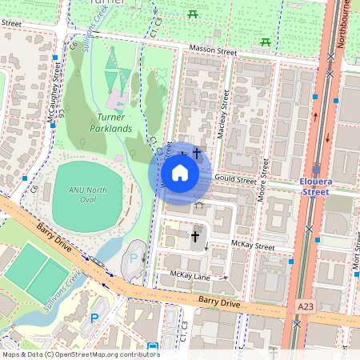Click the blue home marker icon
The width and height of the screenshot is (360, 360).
point(180,173)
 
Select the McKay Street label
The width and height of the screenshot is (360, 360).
point(253,246)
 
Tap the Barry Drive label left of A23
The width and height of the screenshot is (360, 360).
point(221,303)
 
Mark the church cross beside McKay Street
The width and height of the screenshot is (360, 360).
point(194,237)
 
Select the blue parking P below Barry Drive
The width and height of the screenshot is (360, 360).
point(94,318)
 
